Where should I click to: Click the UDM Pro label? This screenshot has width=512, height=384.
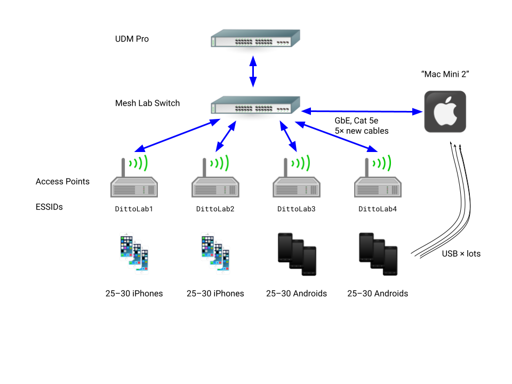pos(132,39)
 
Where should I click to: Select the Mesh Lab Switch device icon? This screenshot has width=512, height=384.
pos(255,105)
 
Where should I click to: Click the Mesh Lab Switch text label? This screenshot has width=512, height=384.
pos(147,103)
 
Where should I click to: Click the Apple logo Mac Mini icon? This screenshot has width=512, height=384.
pos(445,111)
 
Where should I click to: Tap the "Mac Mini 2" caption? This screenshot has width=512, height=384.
pos(445,74)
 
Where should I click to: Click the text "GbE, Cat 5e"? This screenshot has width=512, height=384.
pos(356,121)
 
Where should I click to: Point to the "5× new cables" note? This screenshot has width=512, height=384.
pos(362,131)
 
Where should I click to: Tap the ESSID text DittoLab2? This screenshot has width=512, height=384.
pos(215,209)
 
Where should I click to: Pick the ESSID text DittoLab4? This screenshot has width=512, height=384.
pos(377,209)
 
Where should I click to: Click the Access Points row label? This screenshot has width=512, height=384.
pos(62,181)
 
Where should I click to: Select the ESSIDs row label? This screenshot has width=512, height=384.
pos(49,206)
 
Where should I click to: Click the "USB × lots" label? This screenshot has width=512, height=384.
pos(461,254)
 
